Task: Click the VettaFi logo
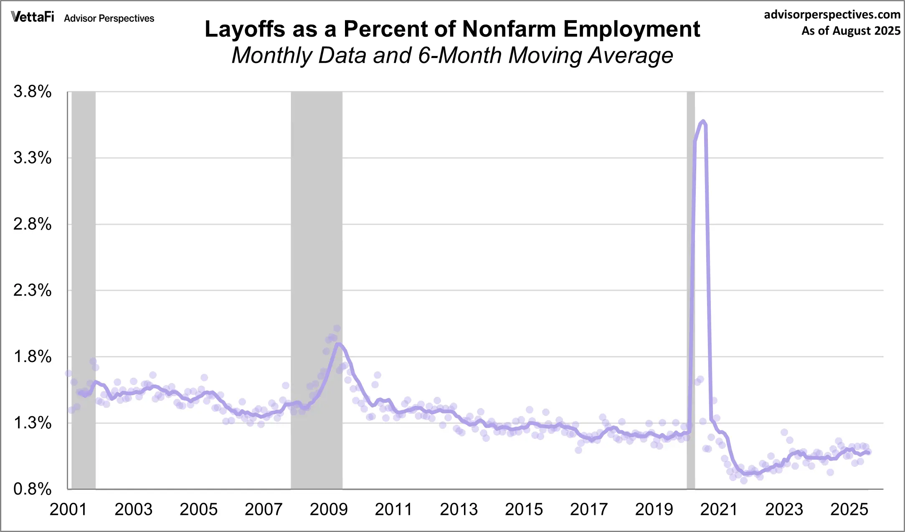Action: click(x=33, y=17)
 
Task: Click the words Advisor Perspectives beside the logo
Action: click(x=109, y=18)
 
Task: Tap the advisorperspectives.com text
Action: click(x=832, y=15)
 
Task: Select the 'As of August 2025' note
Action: click(x=851, y=31)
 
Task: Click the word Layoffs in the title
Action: click(x=245, y=29)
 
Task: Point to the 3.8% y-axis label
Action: click(x=33, y=91)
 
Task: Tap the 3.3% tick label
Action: click(x=33, y=158)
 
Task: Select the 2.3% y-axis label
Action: click(x=33, y=290)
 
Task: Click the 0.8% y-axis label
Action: click(x=33, y=489)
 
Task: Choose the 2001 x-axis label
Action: click(x=68, y=509)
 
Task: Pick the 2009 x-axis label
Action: click(x=329, y=509)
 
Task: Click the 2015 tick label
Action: click(x=524, y=509)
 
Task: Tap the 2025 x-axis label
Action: click(x=849, y=509)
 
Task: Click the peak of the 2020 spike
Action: click(x=703, y=122)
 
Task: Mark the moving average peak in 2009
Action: click(x=339, y=344)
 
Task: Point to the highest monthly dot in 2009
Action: click(x=337, y=329)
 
